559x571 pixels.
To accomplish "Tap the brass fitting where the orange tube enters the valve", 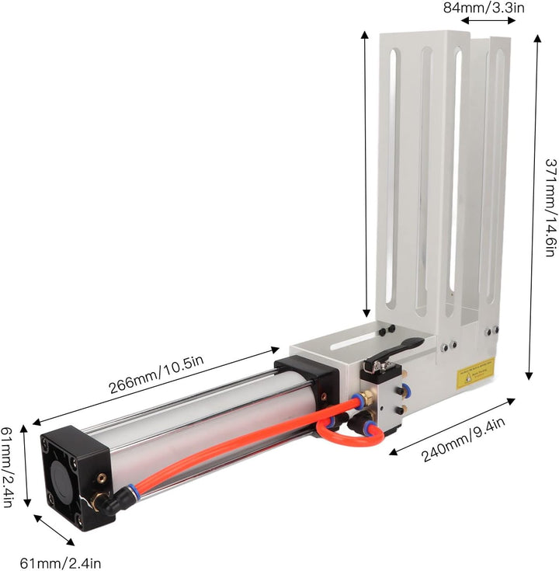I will pos(359,401).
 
